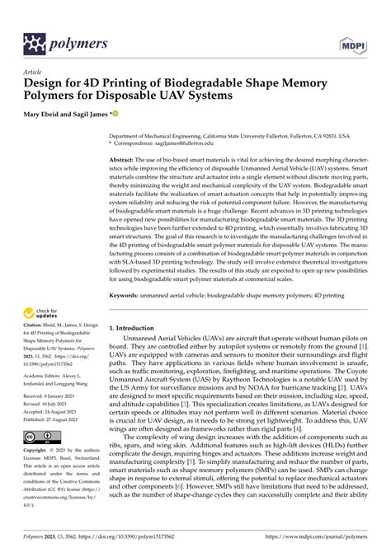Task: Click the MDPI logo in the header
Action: [x=351, y=43]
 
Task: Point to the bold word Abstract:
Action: [x=125, y=158]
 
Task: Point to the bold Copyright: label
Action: [x=38, y=451]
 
